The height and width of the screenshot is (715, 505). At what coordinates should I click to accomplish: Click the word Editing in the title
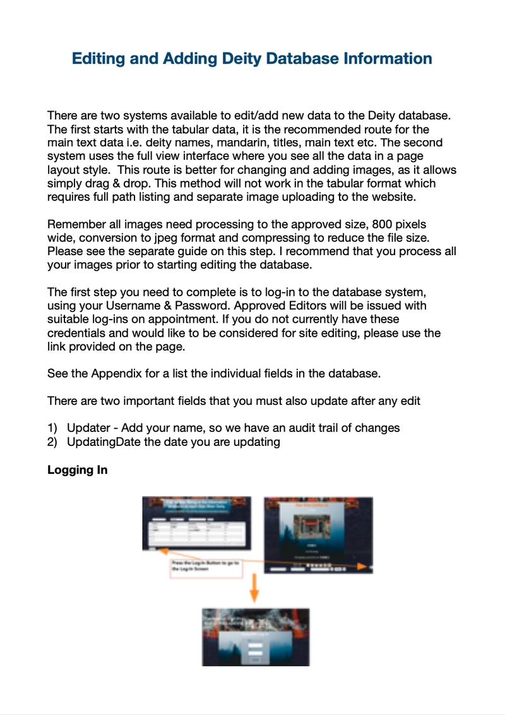click(98, 59)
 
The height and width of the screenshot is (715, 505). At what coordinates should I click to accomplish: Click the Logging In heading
click(77, 470)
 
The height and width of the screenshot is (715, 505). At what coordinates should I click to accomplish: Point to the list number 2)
click(53, 442)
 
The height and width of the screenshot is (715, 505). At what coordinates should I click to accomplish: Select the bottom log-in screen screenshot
click(255, 637)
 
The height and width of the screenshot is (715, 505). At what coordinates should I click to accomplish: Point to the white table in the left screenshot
click(196, 532)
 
